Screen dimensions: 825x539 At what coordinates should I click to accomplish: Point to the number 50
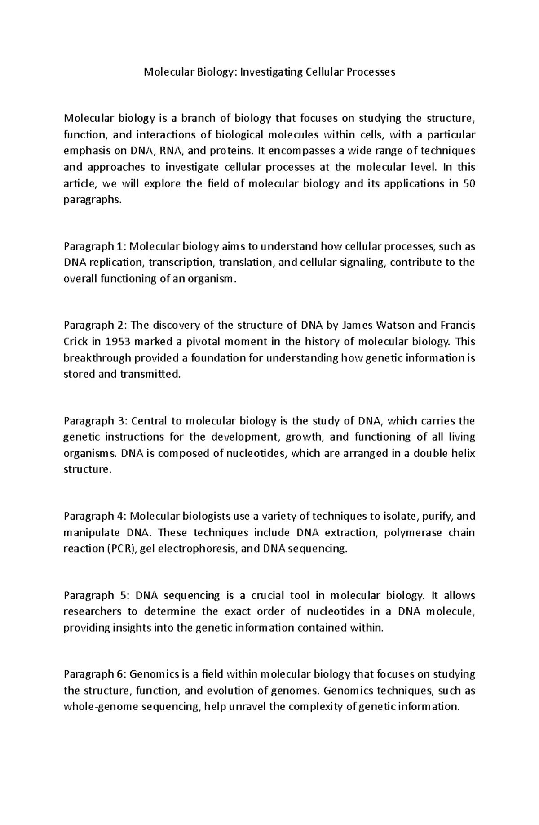click(x=468, y=183)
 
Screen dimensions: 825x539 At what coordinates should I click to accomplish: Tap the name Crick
click(x=75, y=341)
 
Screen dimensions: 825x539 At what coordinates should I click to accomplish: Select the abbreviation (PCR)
click(x=122, y=549)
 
